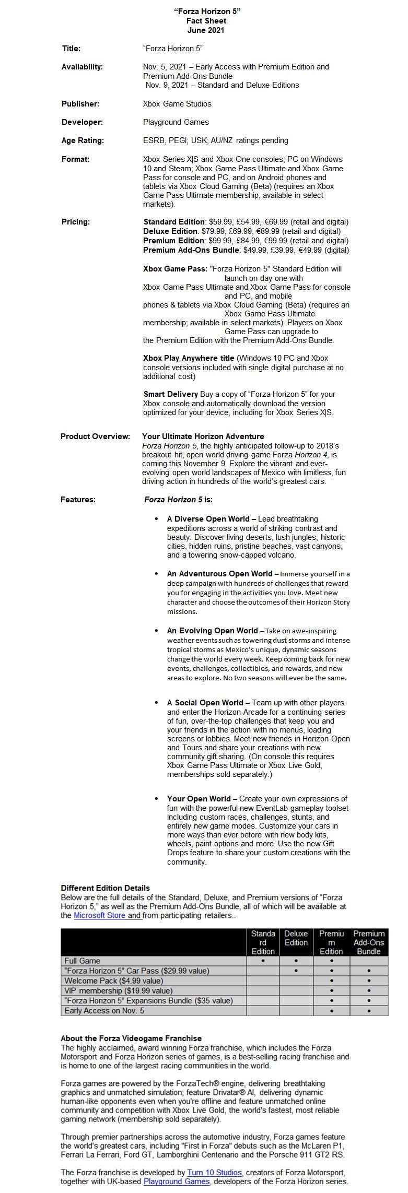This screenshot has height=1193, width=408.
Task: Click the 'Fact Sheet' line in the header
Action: [x=206, y=21]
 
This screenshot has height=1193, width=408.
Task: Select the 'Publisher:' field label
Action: [x=80, y=104]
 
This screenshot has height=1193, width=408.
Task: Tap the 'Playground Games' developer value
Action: [x=176, y=122]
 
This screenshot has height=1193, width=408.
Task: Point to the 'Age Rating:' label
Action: [x=83, y=140]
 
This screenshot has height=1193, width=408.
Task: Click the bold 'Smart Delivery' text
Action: [x=170, y=394]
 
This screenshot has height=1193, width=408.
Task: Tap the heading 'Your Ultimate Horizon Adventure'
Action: [x=203, y=436]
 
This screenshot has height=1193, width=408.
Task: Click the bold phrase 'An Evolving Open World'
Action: [x=212, y=631]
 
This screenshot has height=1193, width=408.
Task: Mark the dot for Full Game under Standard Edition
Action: [x=263, y=960]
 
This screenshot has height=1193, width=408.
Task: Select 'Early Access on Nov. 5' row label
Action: [x=104, y=1010]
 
